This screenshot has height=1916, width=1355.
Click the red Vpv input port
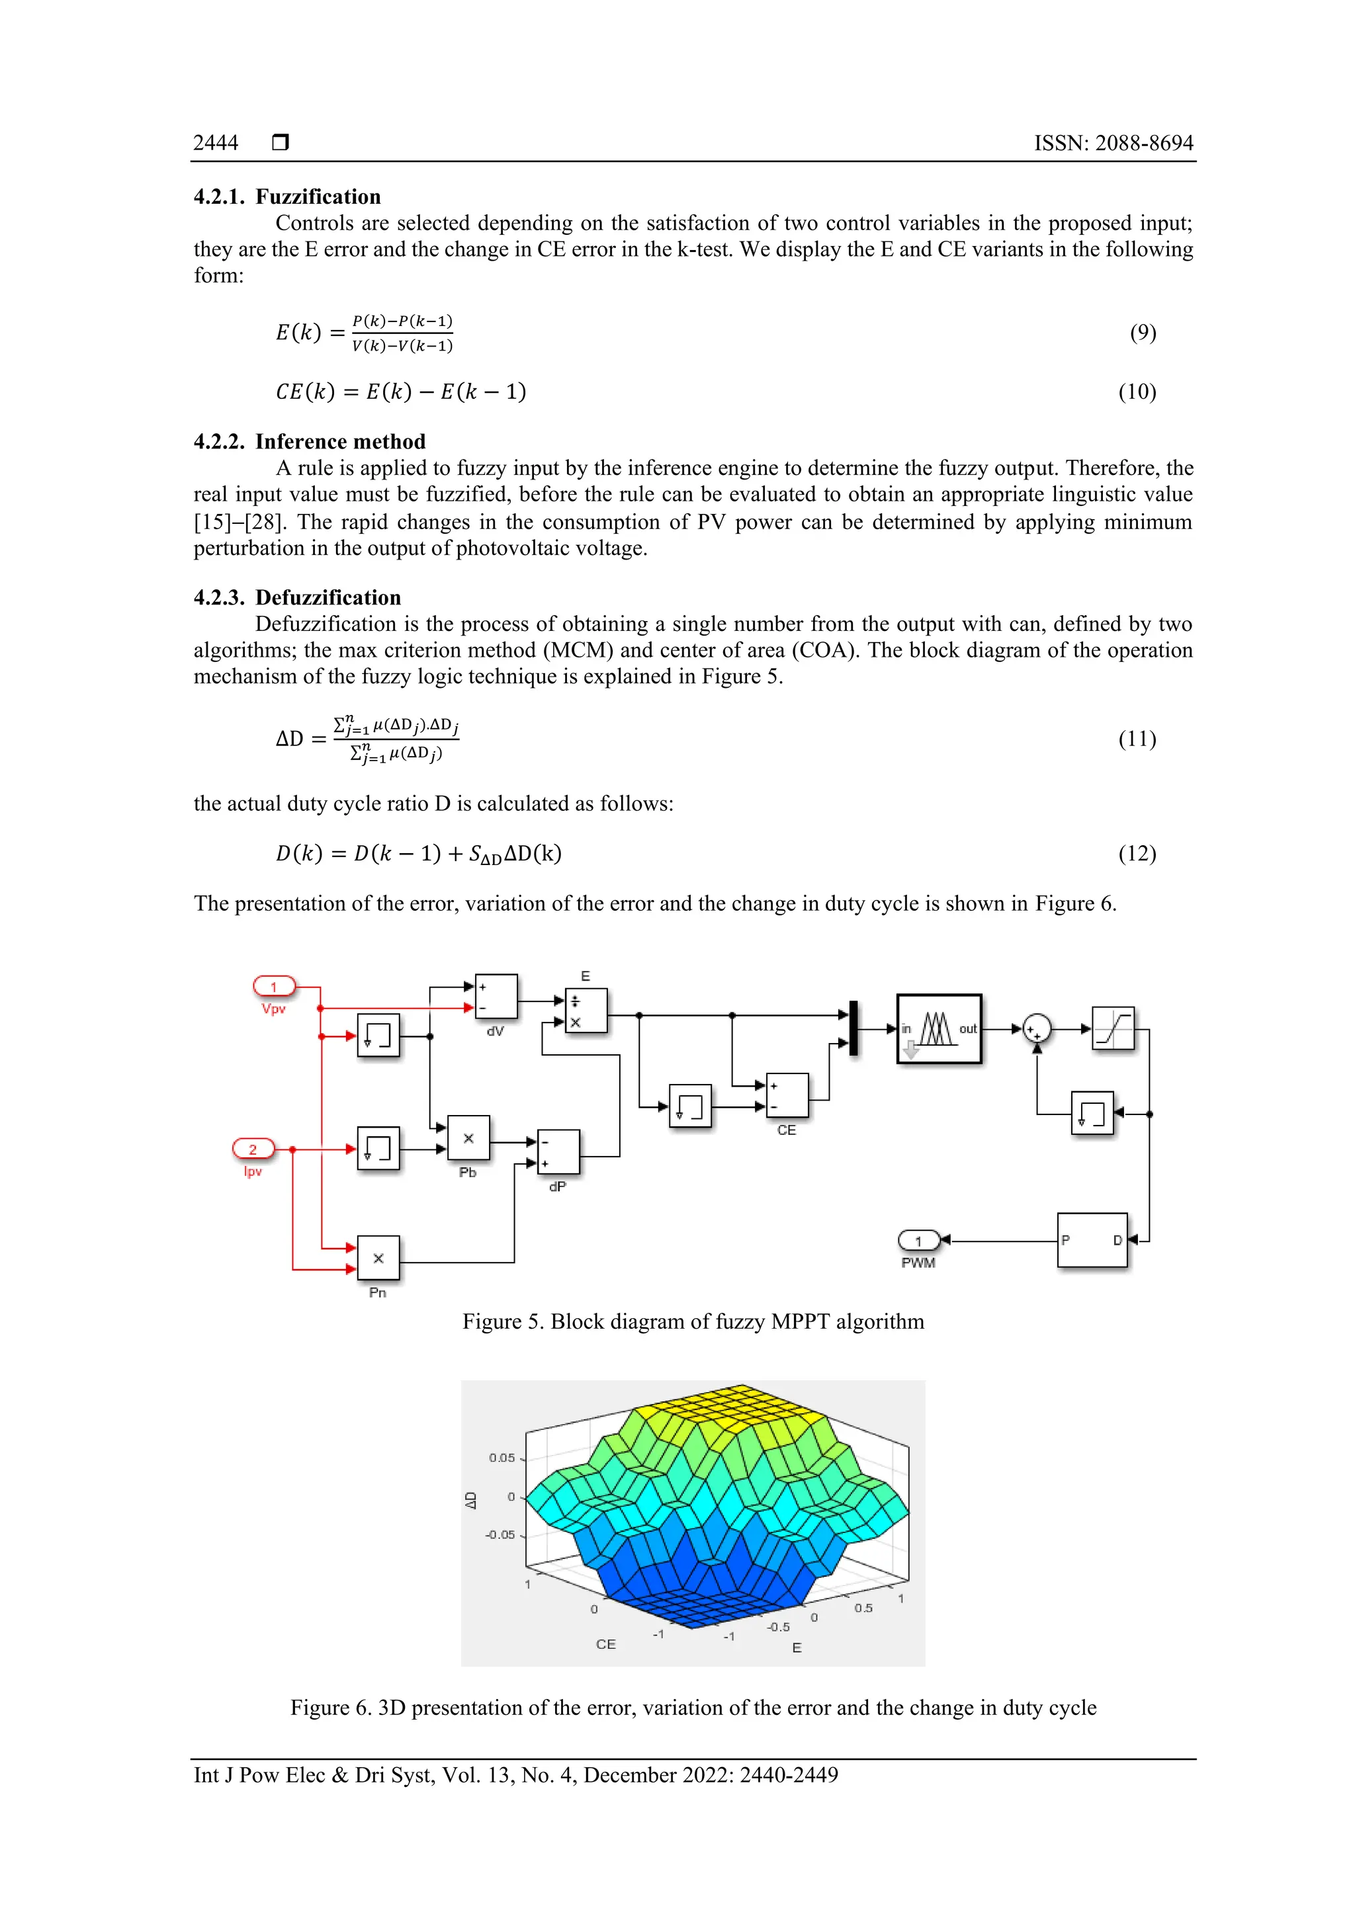pos(274,986)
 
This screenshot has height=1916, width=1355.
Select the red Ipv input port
pos(253,1149)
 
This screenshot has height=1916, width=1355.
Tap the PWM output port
pos(918,1241)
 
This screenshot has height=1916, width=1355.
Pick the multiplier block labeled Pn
pos(378,1257)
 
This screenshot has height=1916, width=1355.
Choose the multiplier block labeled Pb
pos(468,1138)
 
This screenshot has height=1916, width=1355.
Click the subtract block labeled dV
pos(496,997)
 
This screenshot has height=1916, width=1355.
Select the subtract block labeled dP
pos(558,1151)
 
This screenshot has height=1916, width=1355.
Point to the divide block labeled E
pos(586,1011)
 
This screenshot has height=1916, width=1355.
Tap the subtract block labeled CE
pos(787,1095)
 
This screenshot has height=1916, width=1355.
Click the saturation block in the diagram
pos(1113,1028)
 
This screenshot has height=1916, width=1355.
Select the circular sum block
pos(1036,1028)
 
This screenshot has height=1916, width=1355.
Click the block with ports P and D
pos(1092,1240)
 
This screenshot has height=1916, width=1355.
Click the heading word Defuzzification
pos(328,597)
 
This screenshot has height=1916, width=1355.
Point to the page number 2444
pos(216,143)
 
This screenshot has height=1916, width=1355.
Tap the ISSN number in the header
pos(1113,143)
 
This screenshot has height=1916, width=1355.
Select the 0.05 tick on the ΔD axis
pos(502,1458)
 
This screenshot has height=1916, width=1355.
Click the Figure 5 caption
pos(693,1322)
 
